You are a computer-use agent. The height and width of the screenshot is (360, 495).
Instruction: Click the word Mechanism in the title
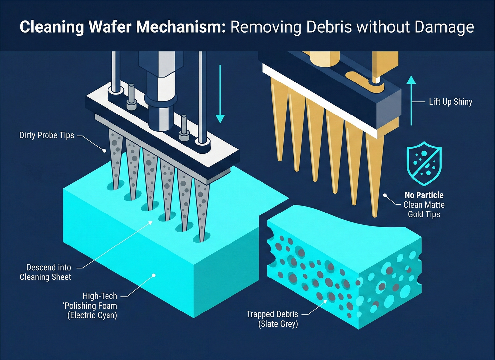pyautogui.click(x=181, y=27)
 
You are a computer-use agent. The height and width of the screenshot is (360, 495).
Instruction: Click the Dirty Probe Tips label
pyautogui.click(x=46, y=135)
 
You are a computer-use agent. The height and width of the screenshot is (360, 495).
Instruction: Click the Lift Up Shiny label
pyautogui.click(x=450, y=102)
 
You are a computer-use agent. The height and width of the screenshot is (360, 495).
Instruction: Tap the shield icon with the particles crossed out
pyautogui.click(x=424, y=164)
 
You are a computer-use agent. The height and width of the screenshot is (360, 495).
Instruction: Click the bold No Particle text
pyautogui.click(x=424, y=195)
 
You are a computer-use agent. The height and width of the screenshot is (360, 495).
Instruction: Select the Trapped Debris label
pyautogui.click(x=272, y=314)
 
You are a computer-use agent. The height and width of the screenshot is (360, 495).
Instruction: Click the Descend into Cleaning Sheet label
pyautogui.click(x=46, y=272)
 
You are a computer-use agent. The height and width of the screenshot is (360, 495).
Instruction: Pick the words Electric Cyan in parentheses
pyautogui.click(x=92, y=315)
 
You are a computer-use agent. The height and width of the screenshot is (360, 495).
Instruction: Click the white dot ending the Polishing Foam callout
pyautogui.click(x=154, y=275)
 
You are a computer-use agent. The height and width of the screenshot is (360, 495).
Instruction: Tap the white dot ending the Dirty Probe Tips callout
pyautogui.click(x=104, y=151)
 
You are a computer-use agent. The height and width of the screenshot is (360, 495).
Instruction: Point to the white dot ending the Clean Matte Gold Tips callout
pyautogui.click(x=385, y=195)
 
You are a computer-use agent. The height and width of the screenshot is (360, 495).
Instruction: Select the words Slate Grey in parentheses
pyautogui.click(x=278, y=324)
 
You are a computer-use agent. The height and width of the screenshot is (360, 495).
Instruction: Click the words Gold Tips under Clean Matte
pyautogui.click(x=424, y=214)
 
